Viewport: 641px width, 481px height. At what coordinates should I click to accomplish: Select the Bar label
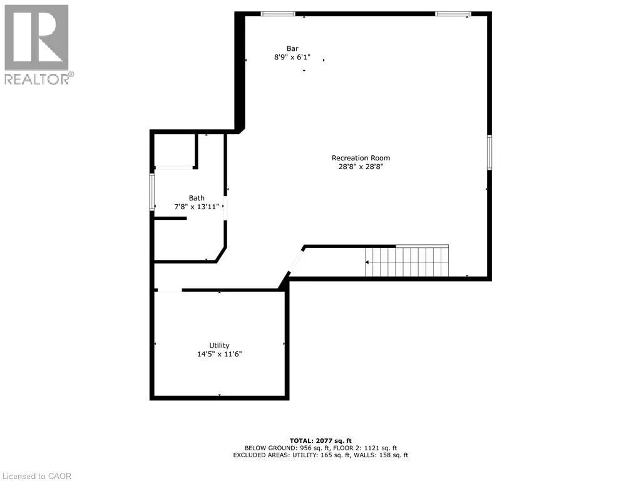pyautogui.click(x=292, y=48)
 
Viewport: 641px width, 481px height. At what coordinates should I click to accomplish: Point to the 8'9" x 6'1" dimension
pyautogui.click(x=292, y=57)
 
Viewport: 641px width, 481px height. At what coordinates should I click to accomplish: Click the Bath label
pyautogui.click(x=197, y=198)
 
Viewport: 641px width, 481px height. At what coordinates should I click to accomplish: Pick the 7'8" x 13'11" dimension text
pyautogui.click(x=197, y=207)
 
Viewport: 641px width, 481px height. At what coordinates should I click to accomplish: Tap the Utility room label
pyautogui.click(x=219, y=345)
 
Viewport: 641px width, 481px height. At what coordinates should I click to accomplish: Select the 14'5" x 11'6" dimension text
pyautogui.click(x=219, y=354)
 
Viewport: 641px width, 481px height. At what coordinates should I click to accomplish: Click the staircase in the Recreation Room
pyautogui.click(x=408, y=261)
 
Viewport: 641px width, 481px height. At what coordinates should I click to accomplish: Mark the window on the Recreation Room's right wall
pyautogui.click(x=490, y=152)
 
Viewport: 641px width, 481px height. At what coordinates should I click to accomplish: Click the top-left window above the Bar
pyautogui.click(x=278, y=14)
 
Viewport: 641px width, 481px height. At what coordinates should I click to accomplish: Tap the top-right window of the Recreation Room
pyautogui.click(x=453, y=14)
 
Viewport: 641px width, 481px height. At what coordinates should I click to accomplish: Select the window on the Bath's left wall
pyautogui.click(x=151, y=192)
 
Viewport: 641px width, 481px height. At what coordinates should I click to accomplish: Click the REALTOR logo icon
pyautogui.click(x=37, y=38)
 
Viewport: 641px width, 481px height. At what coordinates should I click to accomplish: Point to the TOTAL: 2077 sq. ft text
pyautogui.click(x=320, y=440)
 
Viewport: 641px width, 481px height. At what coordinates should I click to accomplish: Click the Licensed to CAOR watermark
pyautogui.click(x=36, y=476)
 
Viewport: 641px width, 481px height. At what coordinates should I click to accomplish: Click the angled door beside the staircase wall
pyautogui.click(x=295, y=262)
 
